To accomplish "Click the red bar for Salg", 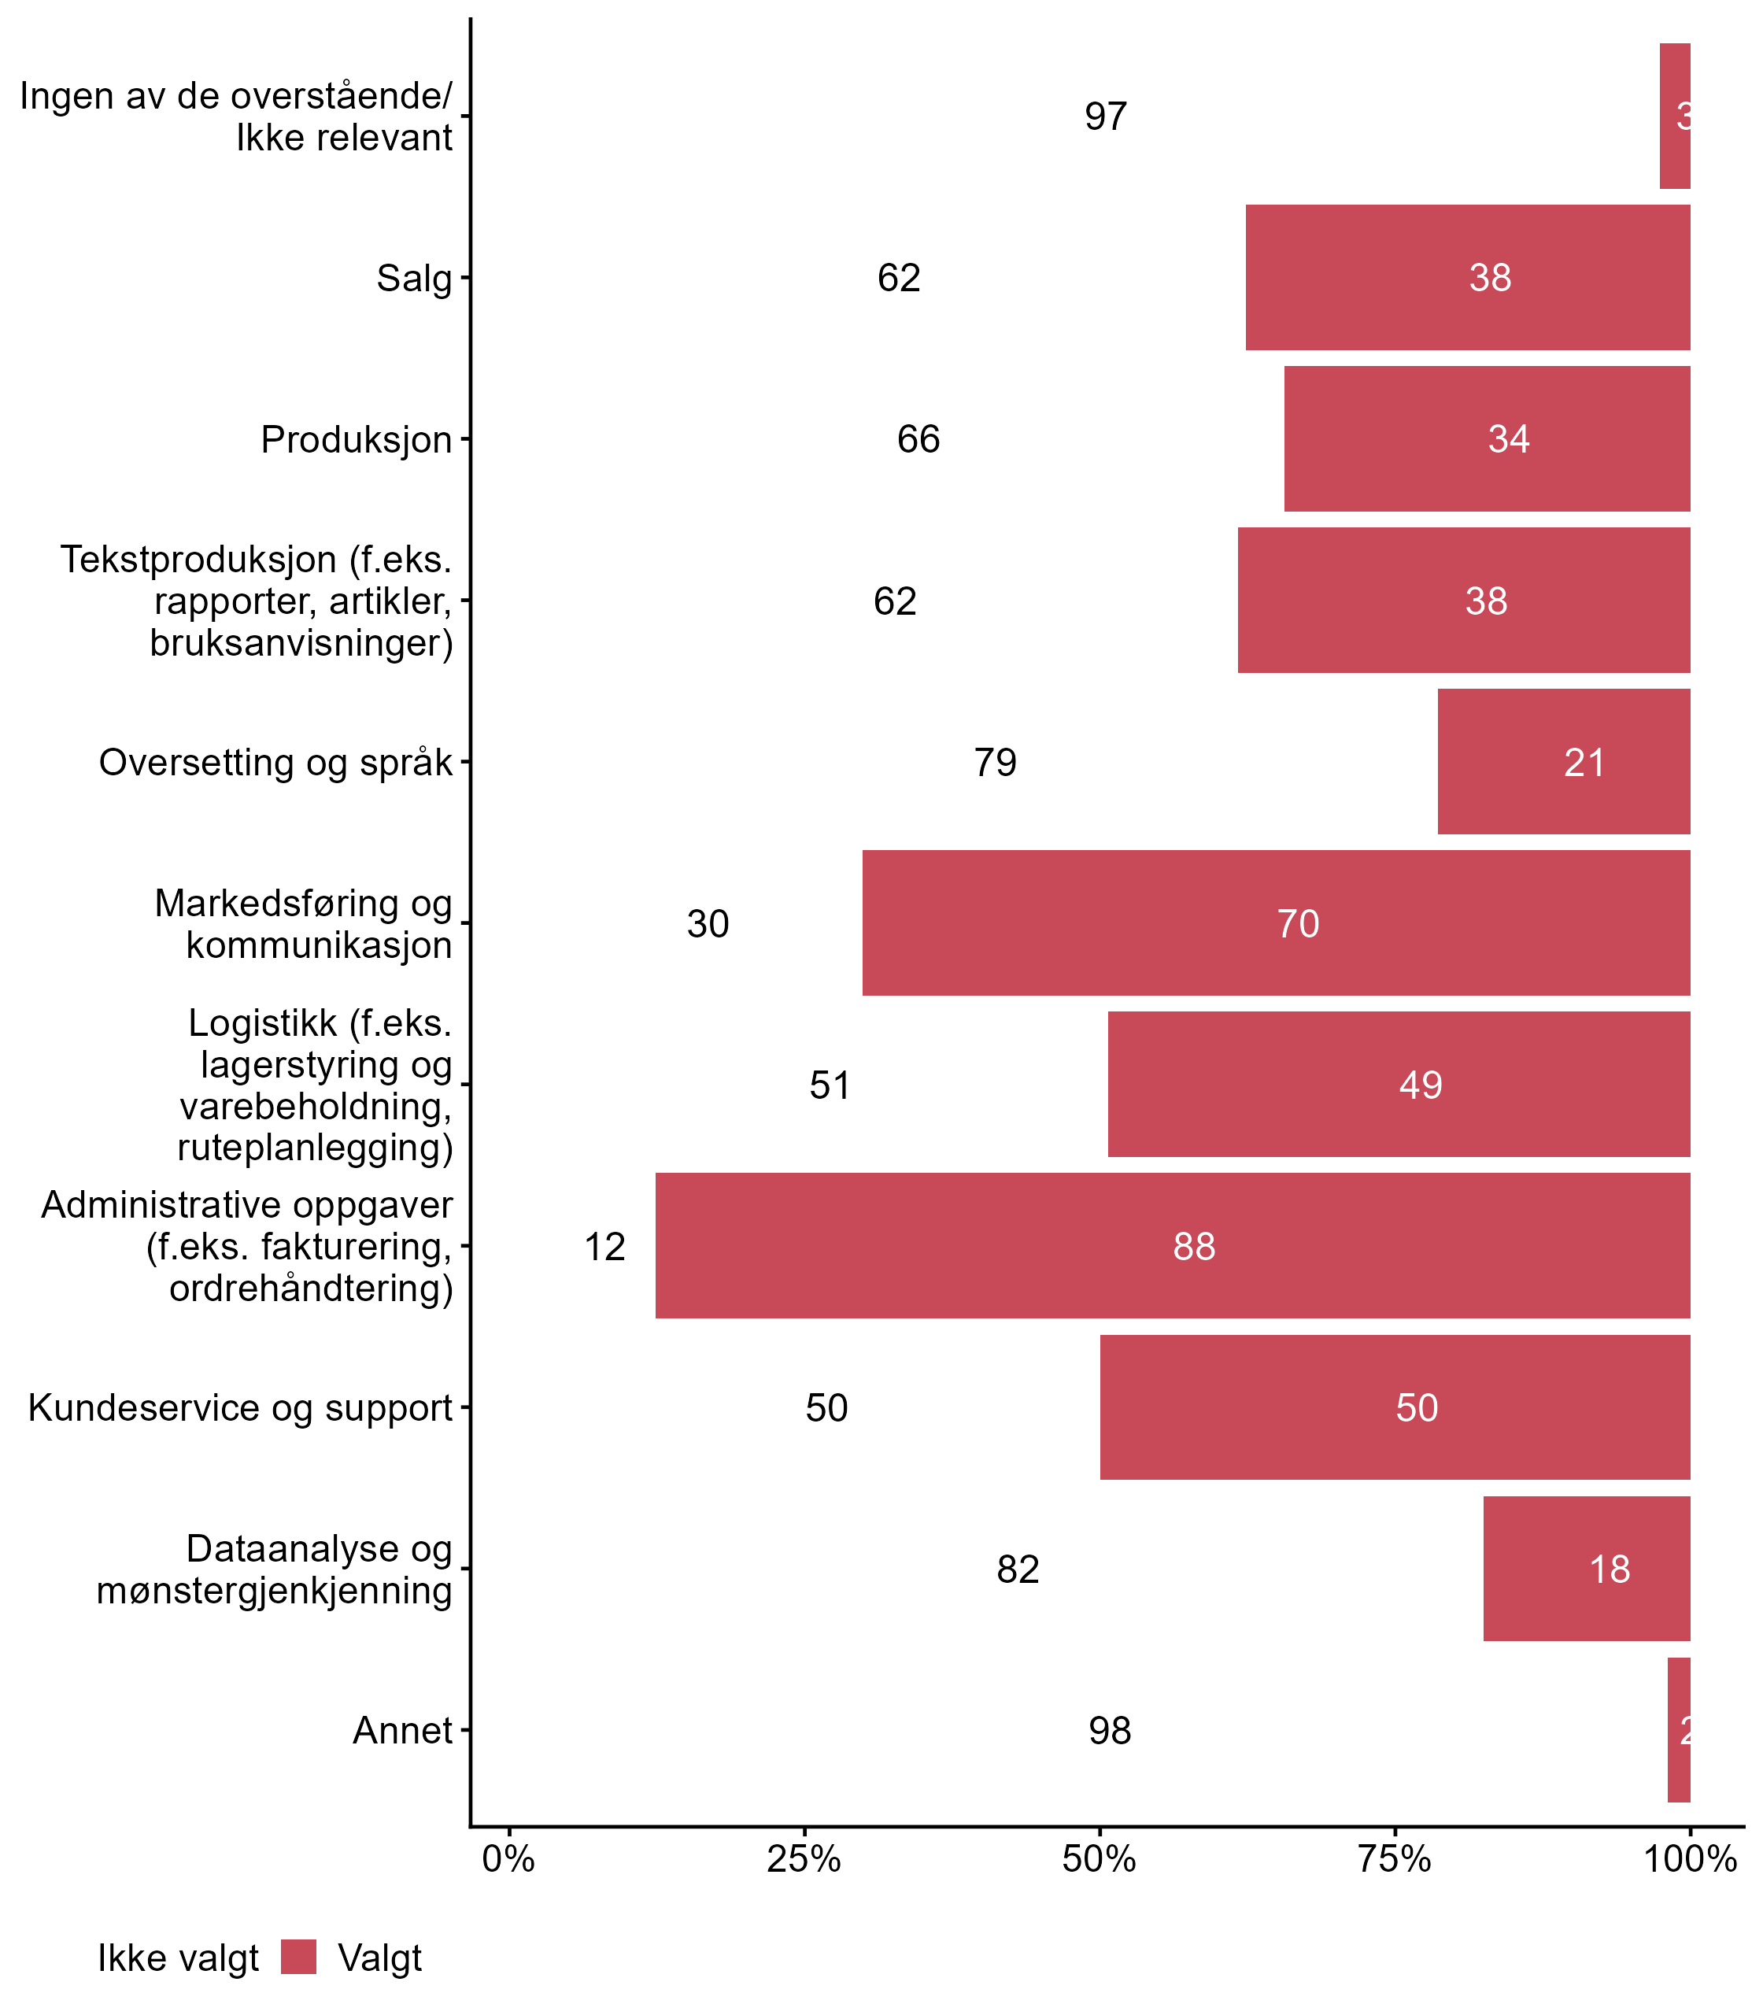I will (x=1467, y=277).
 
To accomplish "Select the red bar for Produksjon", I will (x=1487, y=439).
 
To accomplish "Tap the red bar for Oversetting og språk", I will (x=1563, y=762).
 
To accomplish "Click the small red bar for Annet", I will (x=1678, y=1730).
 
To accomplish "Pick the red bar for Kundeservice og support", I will (x=1394, y=1407).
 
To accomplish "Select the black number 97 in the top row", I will (x=1105, y=116).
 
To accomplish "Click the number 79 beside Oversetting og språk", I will (x=995, y=763).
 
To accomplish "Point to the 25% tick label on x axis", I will (x=804, y=1858).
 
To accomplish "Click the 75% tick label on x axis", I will (x=1394, y=1858).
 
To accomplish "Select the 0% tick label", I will (x=508, y=1858).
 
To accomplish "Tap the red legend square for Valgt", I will (x=298, y=1957).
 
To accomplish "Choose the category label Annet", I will (x=402, y=1730).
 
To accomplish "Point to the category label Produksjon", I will (x=356, y=440).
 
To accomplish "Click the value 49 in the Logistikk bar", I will (x=1420, y=1085).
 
